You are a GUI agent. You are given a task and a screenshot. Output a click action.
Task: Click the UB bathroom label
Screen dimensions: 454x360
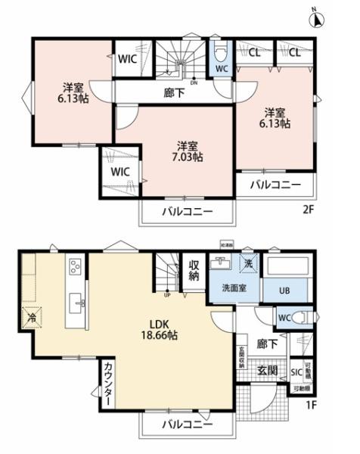pos(286,291)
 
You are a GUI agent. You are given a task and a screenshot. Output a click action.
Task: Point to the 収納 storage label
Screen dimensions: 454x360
pos(194,269)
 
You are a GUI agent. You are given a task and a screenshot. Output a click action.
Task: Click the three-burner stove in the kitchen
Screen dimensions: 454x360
pos(76,267)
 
